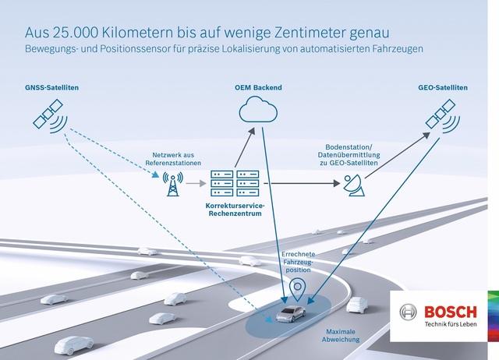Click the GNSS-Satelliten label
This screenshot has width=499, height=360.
pos(52,87)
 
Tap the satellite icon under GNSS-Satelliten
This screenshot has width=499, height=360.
pos(50,116)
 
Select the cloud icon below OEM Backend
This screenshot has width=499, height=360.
pos(258,109)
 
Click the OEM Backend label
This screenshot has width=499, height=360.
pos(258,87)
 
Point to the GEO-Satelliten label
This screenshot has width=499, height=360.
pos(443,87)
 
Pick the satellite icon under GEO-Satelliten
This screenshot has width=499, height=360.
pos(443,116)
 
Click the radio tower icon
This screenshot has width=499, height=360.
pos(173,184)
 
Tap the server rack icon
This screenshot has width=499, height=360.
pos(235,183)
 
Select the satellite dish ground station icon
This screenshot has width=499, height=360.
pos(354,185)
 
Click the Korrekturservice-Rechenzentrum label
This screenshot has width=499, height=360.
pos(235,210)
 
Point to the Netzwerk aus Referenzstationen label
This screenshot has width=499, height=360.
pos(173,159)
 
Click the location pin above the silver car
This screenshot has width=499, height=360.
pos(297,289)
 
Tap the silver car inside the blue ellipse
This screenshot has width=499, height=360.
pos(291,314)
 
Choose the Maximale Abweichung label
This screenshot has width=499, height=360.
pos(341,336)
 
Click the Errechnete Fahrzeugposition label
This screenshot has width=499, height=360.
pos(298,262)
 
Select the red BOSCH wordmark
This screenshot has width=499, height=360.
pos(451,312)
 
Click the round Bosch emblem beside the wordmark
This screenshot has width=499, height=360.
pos(408,312)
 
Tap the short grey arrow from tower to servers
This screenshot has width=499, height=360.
pos(196,183)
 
